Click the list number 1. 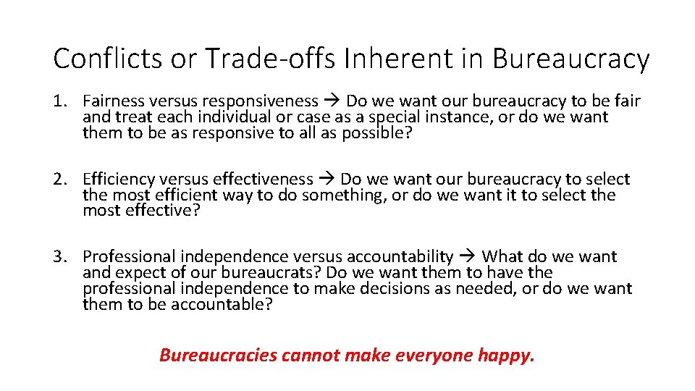click(59, 101)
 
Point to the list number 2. click(59, 179)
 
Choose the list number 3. click(59, 256)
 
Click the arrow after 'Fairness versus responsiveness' click(332, 101)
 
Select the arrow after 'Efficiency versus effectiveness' click(327, 179)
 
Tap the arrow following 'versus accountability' click(467, 256)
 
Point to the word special click(398, 117)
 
